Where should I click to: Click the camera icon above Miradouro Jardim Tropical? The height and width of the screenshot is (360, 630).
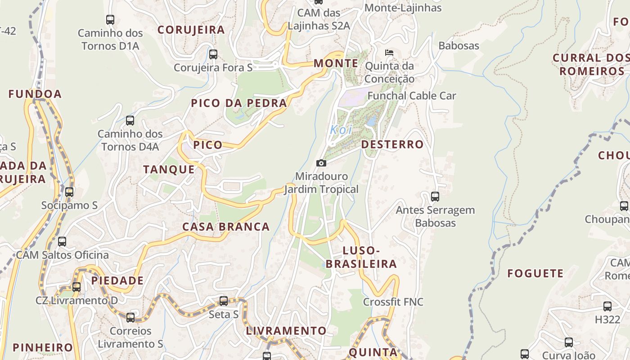point(321,163)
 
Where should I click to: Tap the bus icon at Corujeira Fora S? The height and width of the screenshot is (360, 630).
point(213,54)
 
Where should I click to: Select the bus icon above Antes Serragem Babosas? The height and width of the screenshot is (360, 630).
point(435,197)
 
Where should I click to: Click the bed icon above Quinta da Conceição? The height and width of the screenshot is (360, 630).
point(389,53)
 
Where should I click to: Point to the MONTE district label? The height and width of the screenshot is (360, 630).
point(336,63)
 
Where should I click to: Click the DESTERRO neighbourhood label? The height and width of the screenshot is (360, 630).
point(392,144)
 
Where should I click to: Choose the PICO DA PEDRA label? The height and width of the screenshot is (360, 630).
point(239,103)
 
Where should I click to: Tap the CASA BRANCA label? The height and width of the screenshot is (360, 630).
point(226,227)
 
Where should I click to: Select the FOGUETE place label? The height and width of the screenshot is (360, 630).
point(535,274)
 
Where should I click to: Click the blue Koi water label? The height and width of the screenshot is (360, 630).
point(341,130)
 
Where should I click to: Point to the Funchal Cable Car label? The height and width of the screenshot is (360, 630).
point(412,96)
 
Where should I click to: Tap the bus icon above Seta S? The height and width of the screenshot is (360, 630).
point(224,301)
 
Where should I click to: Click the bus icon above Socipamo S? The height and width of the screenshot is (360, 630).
point(69,192)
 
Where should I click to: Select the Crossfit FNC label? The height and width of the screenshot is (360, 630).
point(393,301)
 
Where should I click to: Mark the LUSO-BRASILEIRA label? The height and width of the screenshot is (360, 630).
point(361,257)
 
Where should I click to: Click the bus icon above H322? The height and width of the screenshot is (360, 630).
point(607,306)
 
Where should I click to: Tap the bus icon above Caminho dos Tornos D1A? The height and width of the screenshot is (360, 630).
point(110,20)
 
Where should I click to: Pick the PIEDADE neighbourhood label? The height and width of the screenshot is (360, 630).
point(117,281)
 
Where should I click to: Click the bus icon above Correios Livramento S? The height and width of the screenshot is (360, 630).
point(130,318)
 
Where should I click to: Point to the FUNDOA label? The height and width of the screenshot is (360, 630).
point(35,94)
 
